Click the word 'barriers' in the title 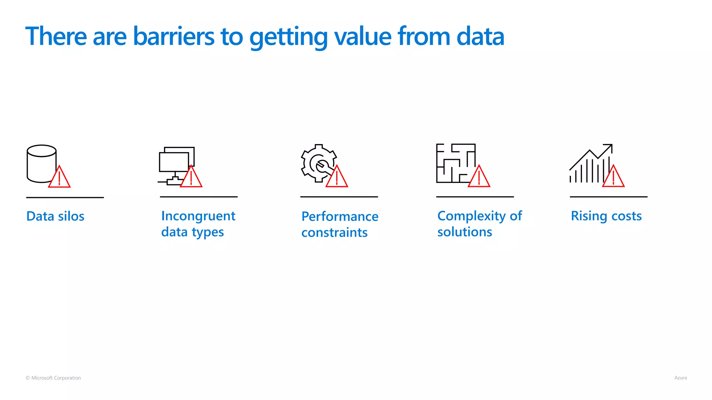pyautogui.click(x=173, y=36)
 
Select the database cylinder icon pyautogui.click(x=41, y=164)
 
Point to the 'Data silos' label pyautogui.click(x=55, y=216)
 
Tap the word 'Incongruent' pyautogui.click(x=198, y=216)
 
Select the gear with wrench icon pyautogui.click(x=318, y=163)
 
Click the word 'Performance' pyautogui.click(x=340, y=216)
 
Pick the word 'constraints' pyautogui.click(x=334, y=233)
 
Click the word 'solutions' pyautogui.click(x=464, y=232)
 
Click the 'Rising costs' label pyautogui.click(x=606, y=216)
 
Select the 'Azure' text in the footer pyautogui.click(x=680, y=378)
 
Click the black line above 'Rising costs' pyautogui.click(x=608, y=197)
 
